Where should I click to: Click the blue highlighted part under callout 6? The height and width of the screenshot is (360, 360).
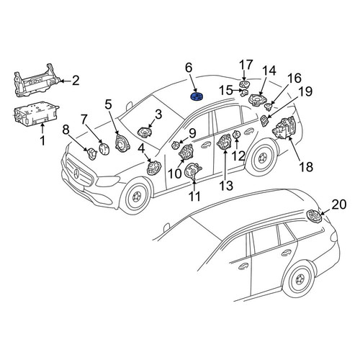click(197, 96)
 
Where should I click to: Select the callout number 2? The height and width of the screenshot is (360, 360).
click(76, 81)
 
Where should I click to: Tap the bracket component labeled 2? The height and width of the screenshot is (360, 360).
click(37, 81)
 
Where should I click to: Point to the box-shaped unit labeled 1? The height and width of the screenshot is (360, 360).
click(35, 114)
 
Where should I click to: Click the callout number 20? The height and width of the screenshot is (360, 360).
click(339, 204)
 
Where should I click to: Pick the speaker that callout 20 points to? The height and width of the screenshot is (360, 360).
click(313, 216)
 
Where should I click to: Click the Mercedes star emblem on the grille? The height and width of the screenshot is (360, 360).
click(76, 174)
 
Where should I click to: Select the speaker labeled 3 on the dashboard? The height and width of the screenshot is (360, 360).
click(145, 132)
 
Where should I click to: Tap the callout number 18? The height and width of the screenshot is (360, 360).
click(306, 166)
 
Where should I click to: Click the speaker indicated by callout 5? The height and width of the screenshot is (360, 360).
click(122, 144)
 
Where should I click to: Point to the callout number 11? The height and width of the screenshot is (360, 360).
click(194, 197)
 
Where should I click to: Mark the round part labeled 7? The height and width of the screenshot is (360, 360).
click(104, 149)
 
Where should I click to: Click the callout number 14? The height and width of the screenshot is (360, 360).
click(269, 71)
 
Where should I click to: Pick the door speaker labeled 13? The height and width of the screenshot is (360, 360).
click(224, 143)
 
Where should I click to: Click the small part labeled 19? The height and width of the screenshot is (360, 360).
click(264, 120)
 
